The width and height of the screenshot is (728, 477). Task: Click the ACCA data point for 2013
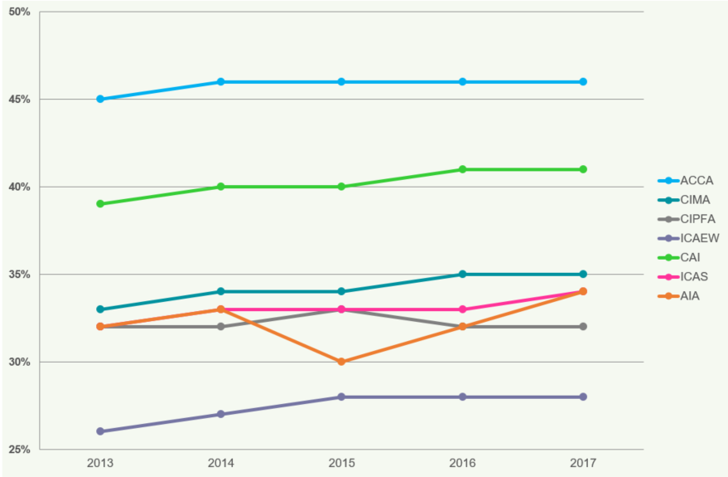[x=100, y=99]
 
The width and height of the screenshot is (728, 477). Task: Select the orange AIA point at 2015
[x=341, y=362]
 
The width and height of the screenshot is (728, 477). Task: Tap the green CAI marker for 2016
[x=462, y=169]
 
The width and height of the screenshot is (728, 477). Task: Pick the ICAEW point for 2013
[x=100, y=431]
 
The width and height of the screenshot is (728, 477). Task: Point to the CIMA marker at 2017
[x=583, y=274]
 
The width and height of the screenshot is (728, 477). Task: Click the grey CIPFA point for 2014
[x=221, y=326]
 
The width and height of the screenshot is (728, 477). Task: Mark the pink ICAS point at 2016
[x=462, y=309]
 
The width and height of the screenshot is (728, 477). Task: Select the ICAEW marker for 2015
[x=341, y=397]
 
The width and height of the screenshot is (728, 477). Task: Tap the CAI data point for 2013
[x=100, y=204]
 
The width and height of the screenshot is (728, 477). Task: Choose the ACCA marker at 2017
[x=583, y=81]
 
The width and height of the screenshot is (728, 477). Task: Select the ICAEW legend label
[x=699, y=238]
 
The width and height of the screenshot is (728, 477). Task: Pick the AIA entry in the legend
[x=691, y=295]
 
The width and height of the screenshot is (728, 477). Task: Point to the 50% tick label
[x=19, y=12]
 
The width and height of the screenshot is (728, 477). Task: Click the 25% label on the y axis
[x=19, y=450]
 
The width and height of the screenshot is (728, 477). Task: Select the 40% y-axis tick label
[x=19, y=187]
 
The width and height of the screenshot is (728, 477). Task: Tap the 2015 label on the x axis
[x=341, y=463]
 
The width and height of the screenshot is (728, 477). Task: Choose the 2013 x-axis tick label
[x=100, y=463]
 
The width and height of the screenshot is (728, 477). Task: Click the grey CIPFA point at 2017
[x=583, y=326]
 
